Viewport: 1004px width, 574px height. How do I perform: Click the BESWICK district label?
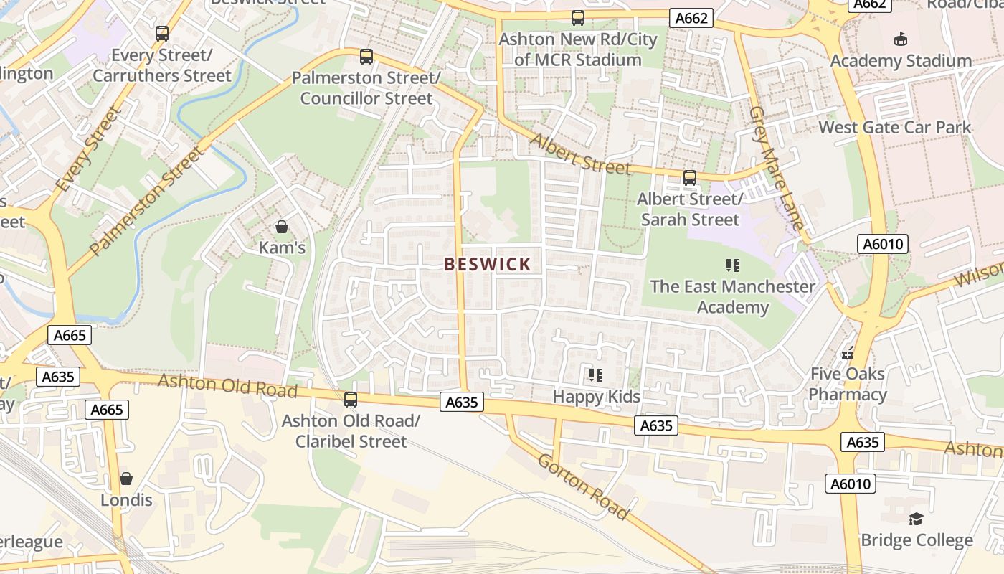coord(488,264)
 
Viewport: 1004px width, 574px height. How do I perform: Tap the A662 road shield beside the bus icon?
coord(691,18)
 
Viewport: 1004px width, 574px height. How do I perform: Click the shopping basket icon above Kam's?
coord(282,227)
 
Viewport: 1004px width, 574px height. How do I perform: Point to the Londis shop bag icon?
coord(126,479)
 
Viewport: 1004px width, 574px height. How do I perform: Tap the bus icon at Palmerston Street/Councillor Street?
coord(366,56)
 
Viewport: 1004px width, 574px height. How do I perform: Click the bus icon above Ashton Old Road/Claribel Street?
coord(351,400)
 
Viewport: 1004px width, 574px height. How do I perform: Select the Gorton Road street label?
coord(582,486)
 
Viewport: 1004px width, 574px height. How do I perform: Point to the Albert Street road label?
coord(580,154)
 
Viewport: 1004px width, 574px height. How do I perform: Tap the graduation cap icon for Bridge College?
coord(916,519)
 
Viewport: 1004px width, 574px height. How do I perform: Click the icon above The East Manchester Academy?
coord(732,265)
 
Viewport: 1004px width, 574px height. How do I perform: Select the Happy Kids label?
coord(596,396)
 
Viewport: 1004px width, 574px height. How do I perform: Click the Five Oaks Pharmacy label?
coord(848,384)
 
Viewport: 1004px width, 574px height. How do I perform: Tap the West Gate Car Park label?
coord(894,127)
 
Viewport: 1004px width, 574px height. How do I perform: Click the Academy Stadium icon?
coord(901,39)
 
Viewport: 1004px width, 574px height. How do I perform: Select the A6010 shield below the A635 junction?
coord(851,484)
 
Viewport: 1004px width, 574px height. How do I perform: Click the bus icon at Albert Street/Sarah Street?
coord(690,177)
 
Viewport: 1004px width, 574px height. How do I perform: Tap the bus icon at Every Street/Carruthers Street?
coord(162,33)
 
